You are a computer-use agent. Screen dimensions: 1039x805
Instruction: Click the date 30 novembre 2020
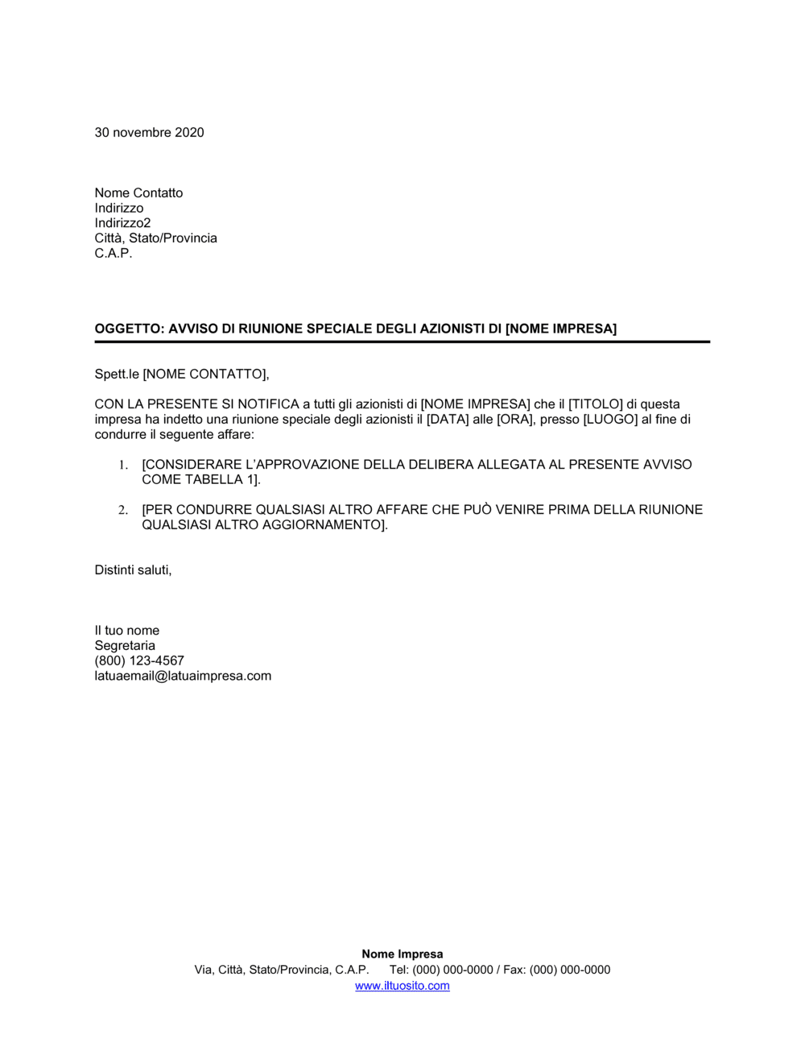pyautogui.click(x=149, y=133)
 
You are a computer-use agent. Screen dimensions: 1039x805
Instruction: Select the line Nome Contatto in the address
pyautogui.click(x=138, y=193)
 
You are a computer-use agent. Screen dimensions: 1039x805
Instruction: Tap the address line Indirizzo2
pyautogui.click(x=122, y=223)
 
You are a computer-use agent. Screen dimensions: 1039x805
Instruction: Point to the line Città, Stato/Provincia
pyautogui.click(x=155, y=238)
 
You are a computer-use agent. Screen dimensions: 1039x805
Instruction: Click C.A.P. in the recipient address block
pyautogui.click(x=114, y=254)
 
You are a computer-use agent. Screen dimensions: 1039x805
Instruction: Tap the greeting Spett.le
pyautogui.click(x=117, y=374)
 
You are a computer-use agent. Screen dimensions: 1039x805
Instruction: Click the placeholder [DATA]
pyautogui.click(x=448, y=420)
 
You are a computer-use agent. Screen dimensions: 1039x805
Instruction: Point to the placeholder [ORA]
pyautogui.click(x=516, y=420)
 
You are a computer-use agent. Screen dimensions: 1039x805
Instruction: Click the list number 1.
pyautogui.click(x=123, y=466)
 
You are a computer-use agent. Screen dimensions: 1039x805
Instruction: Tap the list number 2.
pyautogui.click(x=123, y=511)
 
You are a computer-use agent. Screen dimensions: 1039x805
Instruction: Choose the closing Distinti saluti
pyautogui.click(x=133, y=570)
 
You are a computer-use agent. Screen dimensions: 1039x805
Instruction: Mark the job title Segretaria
pyautogui.click(x=125, y=646)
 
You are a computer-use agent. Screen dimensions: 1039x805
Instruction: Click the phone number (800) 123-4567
pyautogui.click(x=139, y=661)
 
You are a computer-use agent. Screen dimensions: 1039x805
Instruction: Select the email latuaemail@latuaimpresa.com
pyautogui.click(x=183, y=677)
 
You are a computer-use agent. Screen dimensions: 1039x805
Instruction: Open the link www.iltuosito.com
pyautogui.click(x=402, y=986)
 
